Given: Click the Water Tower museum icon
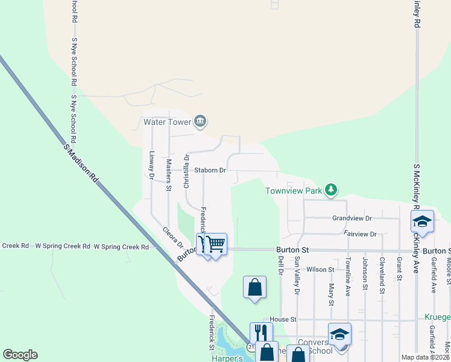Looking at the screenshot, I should click(201, 122).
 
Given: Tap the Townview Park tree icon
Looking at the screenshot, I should click(330, 191).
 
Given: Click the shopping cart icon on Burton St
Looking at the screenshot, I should click(215, 244).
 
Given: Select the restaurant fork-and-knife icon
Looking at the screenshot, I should click(261, 332).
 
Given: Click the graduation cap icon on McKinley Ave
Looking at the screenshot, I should click(423, 221).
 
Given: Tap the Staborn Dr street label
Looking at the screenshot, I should click(210, 171).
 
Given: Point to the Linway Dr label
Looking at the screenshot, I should click(152, 164).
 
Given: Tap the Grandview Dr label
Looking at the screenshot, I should click(352, 218).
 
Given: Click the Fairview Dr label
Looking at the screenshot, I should click(360, 233).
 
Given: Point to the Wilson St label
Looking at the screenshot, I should click(320, 270).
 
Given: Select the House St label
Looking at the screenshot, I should click(283, 319).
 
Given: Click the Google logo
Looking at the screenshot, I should click(20, 355).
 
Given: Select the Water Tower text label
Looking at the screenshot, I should click(166, 122).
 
